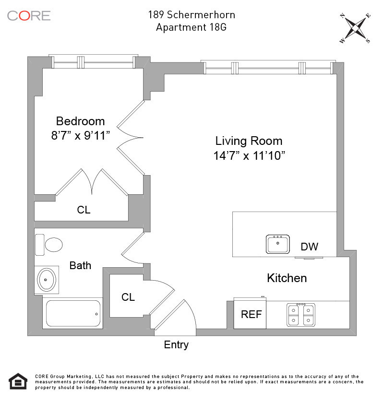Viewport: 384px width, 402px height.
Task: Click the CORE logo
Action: tap(29, 15)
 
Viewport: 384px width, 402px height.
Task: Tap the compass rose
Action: tap(355, 28)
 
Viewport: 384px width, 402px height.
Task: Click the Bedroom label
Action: tap(80, 121)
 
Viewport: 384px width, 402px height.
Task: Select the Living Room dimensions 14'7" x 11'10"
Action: tap(250, 155)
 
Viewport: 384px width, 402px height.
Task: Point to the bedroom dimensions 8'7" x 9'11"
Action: tap(81, 135)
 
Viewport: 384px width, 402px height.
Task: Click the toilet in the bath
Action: tap(50, 245)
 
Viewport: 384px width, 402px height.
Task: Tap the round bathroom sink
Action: tap(47, 279)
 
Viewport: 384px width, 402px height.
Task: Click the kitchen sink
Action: tap(278, 244)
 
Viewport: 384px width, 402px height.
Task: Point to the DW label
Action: tap(310, 247)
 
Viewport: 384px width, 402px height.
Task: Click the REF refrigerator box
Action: tap(251, 314)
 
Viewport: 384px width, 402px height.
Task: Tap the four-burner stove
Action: tap(301, 315)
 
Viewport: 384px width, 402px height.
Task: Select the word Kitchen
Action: tap(287, 278)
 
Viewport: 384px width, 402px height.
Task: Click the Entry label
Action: tap(176, 344)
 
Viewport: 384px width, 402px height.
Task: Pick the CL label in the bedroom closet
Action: tap(84, 210)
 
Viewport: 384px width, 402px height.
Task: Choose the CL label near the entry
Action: tap(128, 297)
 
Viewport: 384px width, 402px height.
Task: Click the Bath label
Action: tap(80, 265)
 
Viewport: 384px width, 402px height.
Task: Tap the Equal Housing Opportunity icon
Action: tap(18, 381)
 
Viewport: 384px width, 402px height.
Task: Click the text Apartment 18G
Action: tap(191, 27)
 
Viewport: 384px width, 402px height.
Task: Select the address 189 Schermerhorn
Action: tap(191, 15)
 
